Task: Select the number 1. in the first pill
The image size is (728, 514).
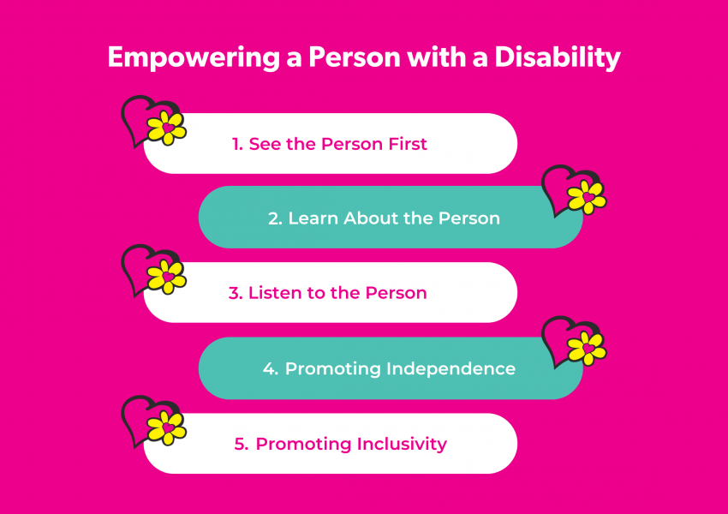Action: coord(238,144)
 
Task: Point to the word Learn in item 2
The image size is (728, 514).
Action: coord(312,218)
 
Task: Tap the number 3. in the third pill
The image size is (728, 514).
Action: coord(236,293)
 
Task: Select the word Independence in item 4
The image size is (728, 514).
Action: coord(451,369)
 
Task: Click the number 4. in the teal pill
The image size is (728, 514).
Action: coord(271,369)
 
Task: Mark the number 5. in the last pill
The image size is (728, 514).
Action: coord(242,444)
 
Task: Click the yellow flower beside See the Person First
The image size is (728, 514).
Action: coord(166,128)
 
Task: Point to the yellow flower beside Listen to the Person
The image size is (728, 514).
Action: coord(166,277)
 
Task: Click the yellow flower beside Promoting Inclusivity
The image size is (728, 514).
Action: coord(166,427)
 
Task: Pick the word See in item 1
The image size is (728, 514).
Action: coord(260,144)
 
